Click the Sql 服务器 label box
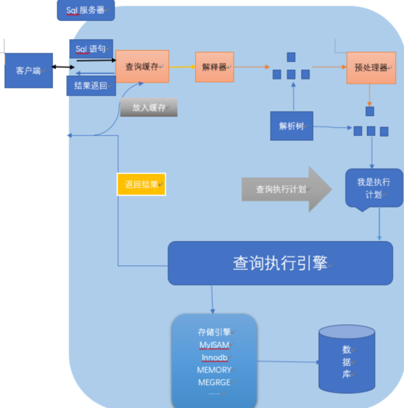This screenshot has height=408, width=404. [86, 10]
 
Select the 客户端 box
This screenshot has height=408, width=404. [29, 70]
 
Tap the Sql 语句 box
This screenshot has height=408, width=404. [92, 49]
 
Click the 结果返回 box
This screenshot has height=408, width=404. [91, 85]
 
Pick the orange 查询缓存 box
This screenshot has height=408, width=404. [142, 67]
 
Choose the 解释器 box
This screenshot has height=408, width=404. [214, 67]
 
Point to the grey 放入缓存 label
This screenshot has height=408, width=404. [149, 108]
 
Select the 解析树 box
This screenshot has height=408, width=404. [292, 126]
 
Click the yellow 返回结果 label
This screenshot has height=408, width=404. [141, 185]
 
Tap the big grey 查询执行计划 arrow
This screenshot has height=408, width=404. [287, 189]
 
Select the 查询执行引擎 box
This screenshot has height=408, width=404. [280, 263]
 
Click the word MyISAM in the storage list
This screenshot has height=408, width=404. [214, 345]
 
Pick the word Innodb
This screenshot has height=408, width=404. [214, 357]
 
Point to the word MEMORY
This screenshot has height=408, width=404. [214, 370]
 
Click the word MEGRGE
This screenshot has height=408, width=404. [214, 383]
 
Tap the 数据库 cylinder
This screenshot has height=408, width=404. [347, 360]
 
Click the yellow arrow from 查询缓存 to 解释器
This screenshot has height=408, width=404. [182, 67]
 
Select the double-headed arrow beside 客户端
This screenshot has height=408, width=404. [64, 68]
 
